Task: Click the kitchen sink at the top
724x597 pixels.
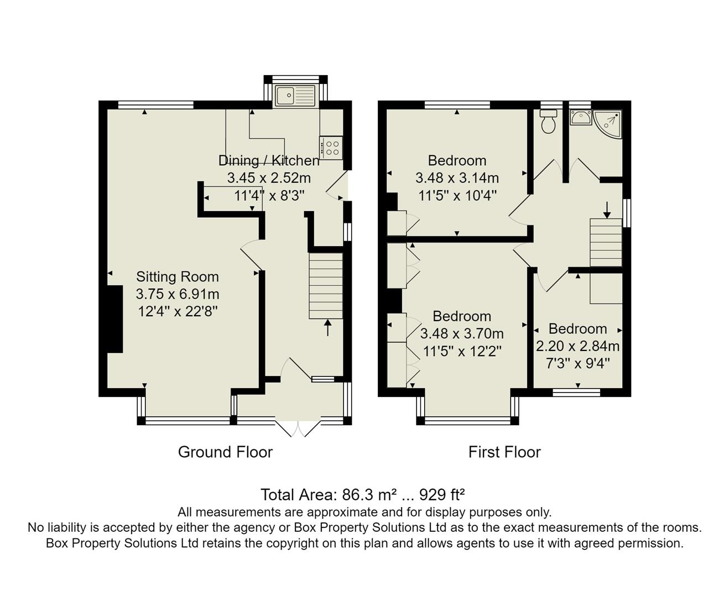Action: pos(295,96)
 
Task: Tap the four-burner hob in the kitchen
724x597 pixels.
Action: pos(331,148)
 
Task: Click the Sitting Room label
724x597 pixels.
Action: pos(178,276)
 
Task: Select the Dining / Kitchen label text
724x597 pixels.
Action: pos(269,160)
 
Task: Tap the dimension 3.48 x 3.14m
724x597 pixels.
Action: pos(457,178)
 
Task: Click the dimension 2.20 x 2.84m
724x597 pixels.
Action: pos(577,346)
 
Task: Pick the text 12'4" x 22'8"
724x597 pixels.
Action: pos(178,311)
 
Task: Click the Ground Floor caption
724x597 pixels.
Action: pos(225,452)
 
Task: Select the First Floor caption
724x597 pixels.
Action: pos(504,452)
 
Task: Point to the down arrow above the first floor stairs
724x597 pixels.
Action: pos(607,210)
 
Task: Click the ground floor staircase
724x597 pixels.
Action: pos(326,286)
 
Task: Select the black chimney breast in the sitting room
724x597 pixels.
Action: pos(114,319)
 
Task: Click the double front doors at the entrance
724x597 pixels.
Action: pos(298,429)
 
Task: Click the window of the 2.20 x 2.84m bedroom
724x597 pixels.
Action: pos(577,392)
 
